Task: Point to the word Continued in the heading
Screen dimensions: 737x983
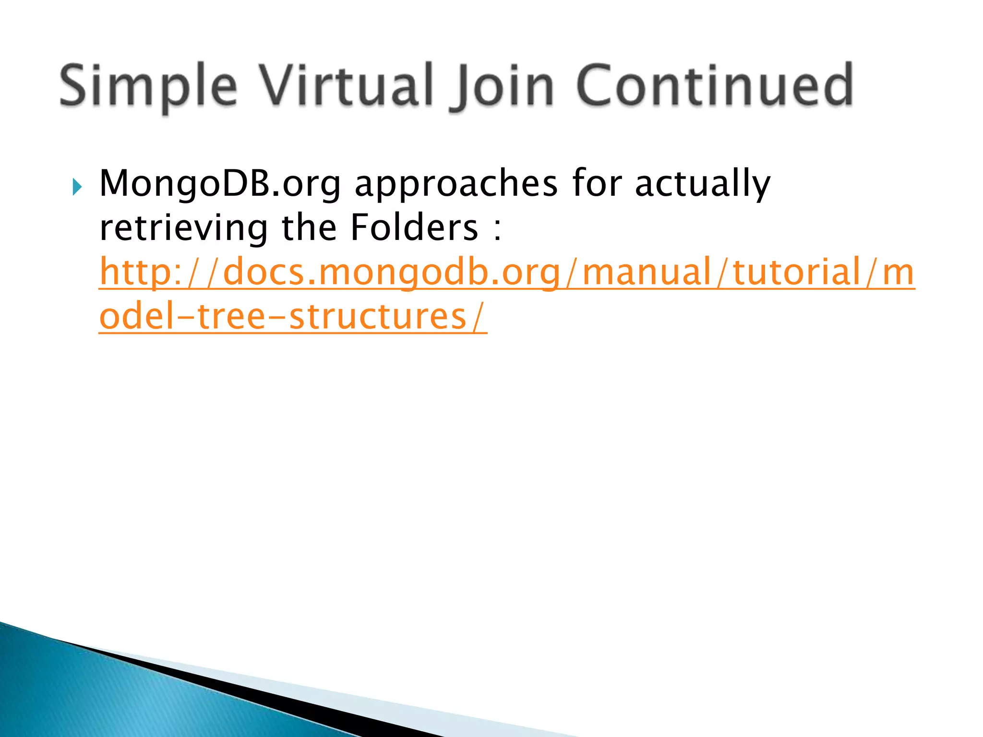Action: click(714, 85)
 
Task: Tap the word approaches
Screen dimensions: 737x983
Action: click(456, 184)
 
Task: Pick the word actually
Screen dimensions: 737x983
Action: click(703, 184)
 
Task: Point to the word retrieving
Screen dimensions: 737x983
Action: click(183, 228)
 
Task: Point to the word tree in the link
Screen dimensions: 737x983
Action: click(231, 317)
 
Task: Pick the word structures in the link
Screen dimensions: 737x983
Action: click(378, 317)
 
